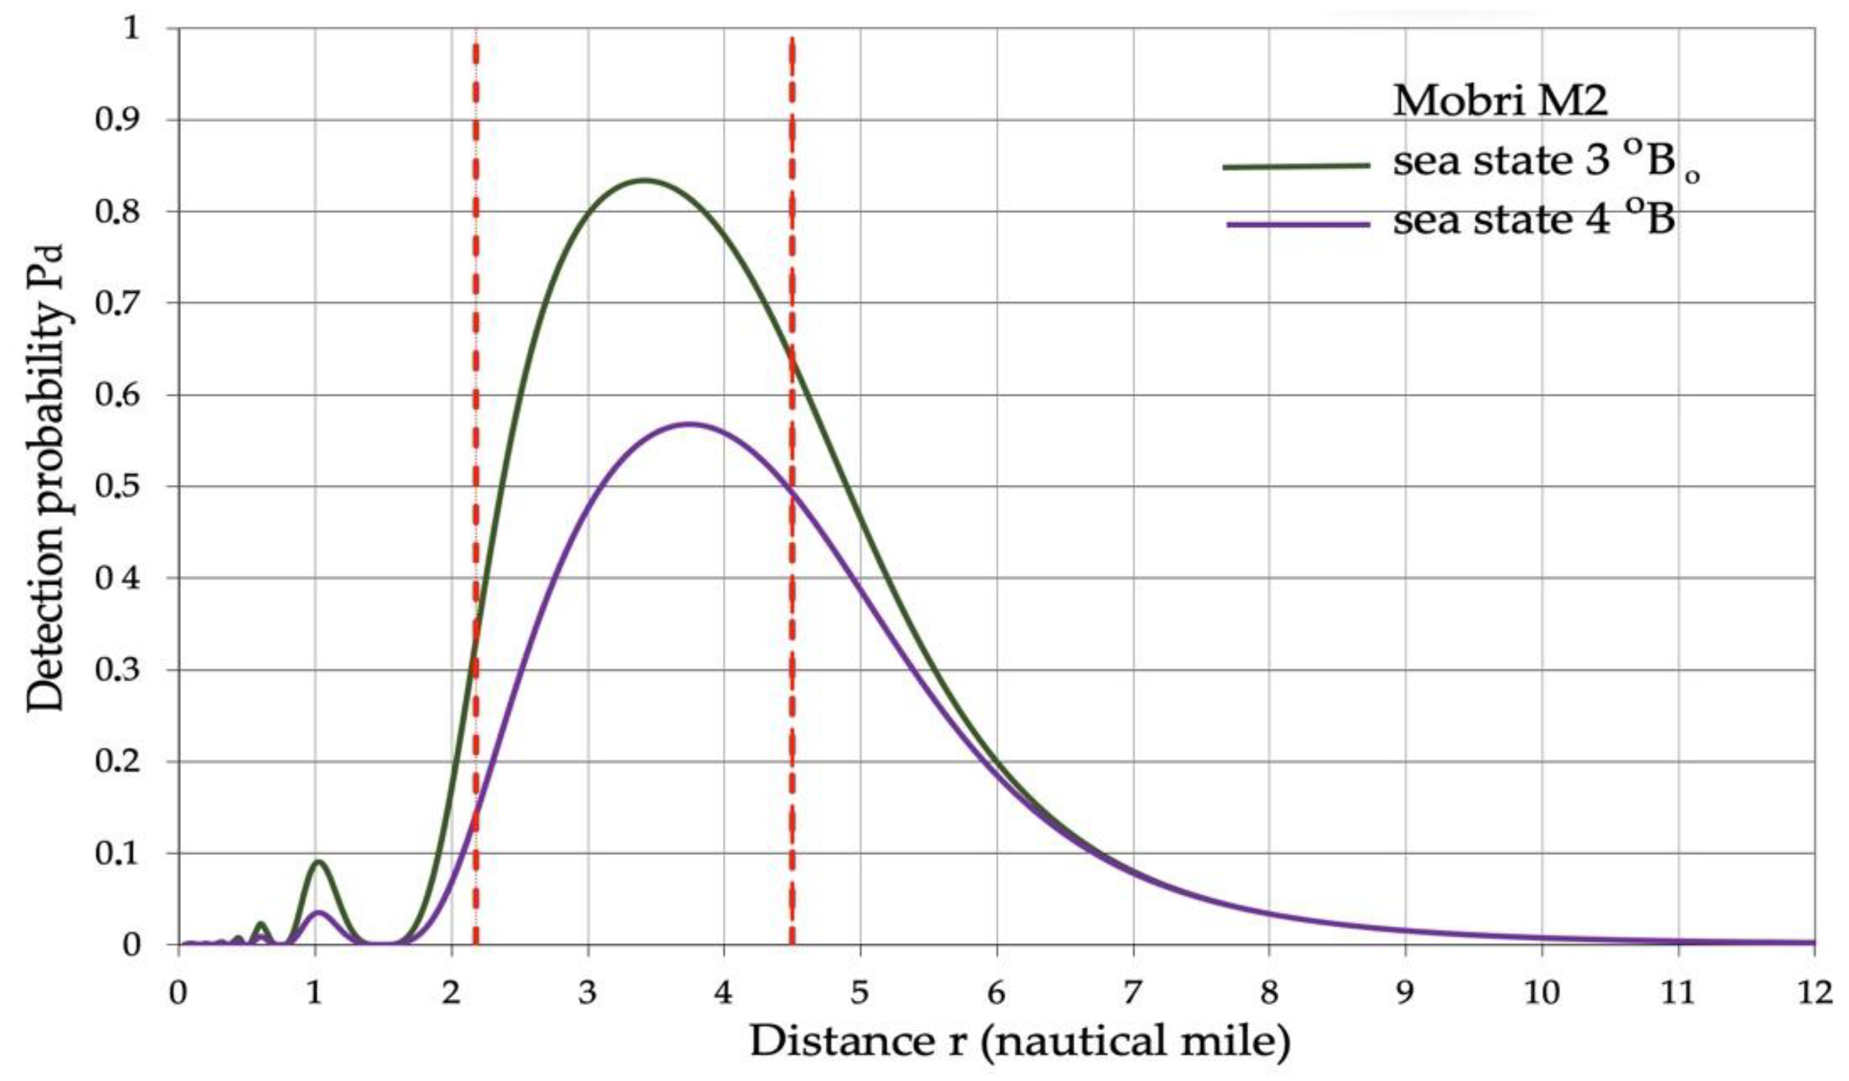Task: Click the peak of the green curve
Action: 644,180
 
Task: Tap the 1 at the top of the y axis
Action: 131,29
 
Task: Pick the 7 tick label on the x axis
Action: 1134,993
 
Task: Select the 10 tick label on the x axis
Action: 1541,993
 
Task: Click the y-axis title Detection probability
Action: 45,477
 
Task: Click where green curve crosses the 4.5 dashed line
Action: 792,359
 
